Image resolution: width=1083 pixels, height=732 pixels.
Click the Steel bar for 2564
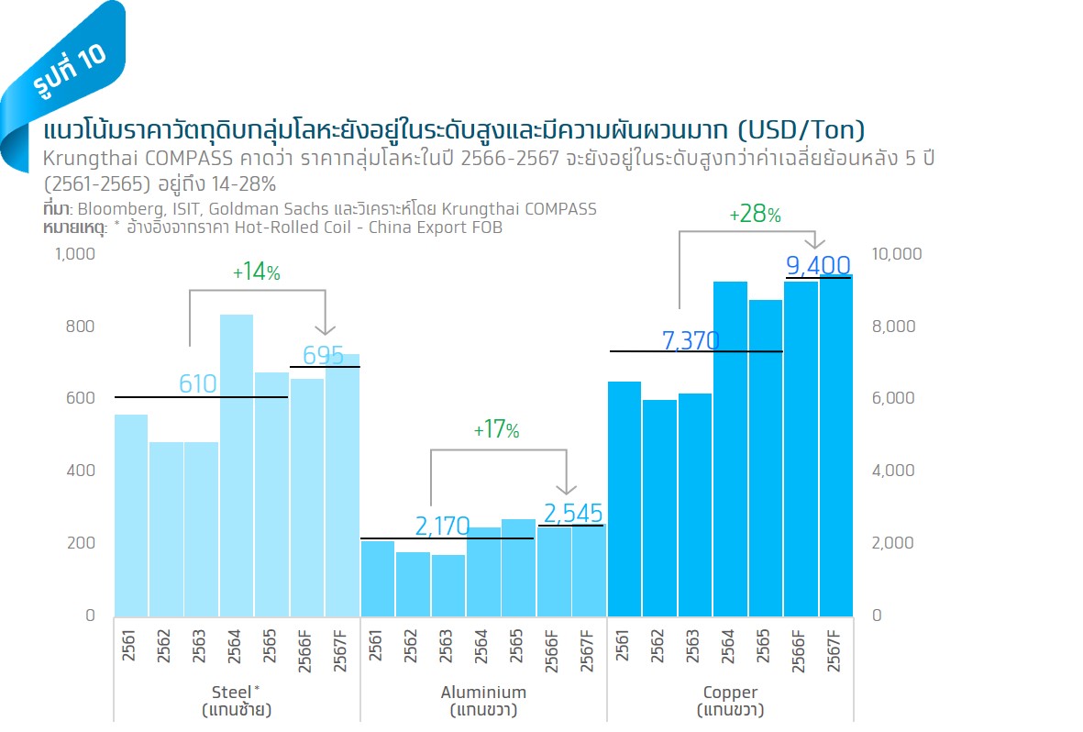[237, 464]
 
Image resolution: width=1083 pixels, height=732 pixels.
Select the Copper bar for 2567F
[835, 445]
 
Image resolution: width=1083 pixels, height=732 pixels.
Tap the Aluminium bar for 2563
[448, 584]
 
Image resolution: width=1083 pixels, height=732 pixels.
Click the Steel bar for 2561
[131, 515]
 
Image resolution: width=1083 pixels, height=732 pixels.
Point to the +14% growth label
[256, 272]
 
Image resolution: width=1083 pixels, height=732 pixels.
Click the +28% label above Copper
[755, 216]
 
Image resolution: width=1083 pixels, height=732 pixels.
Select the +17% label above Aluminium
[496, 430]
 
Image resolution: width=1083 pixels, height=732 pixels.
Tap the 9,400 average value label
[818, 266]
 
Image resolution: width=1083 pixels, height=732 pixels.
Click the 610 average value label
[197, 383]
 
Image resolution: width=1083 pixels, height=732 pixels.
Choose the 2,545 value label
[573, 513]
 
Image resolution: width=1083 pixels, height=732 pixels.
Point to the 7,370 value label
[691, 341]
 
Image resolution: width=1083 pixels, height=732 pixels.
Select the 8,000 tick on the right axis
[893, 327]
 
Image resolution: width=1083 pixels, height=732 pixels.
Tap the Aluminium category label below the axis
[483, 693]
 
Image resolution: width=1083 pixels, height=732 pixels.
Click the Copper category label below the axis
[730, 693]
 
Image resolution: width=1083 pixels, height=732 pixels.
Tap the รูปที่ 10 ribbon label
[69, 70]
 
